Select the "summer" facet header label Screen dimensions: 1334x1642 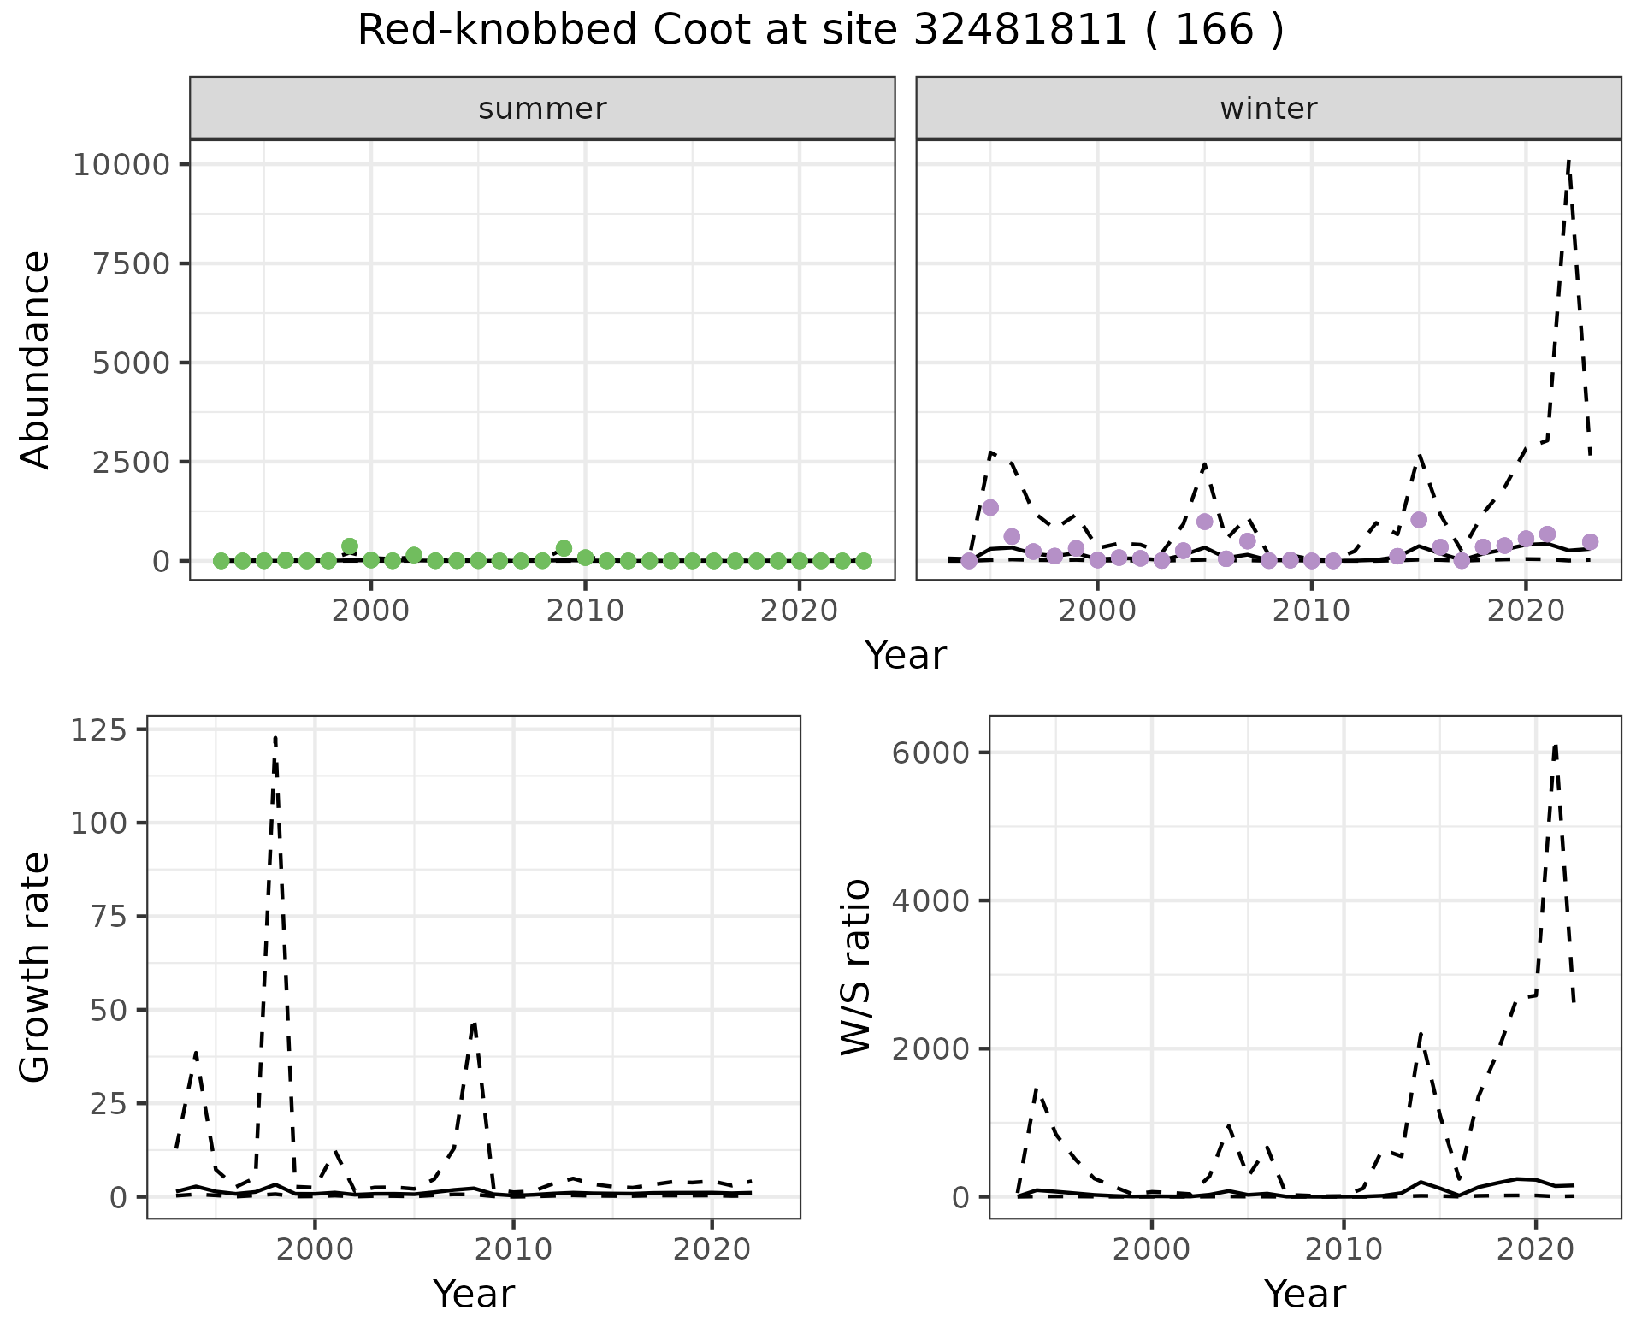[542, 109]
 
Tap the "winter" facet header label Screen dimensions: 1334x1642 [1268, 109]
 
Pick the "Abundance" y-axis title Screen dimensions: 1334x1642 [35, 359]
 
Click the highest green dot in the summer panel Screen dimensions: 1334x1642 [349, 546]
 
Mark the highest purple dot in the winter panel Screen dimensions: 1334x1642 [990, 508]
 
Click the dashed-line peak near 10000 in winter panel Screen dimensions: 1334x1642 [1568, 161]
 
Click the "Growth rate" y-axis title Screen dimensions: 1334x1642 [35, 967]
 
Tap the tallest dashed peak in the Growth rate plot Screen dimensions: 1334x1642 [275, 737]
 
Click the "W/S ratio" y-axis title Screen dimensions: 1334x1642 [856, 967]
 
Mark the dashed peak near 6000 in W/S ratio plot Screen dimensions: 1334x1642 [1555, 746]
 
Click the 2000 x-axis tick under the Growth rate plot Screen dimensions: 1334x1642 [315, 1249]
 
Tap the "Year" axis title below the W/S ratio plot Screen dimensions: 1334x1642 [1305, 1294]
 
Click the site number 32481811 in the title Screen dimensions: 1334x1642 [1021, 31]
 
